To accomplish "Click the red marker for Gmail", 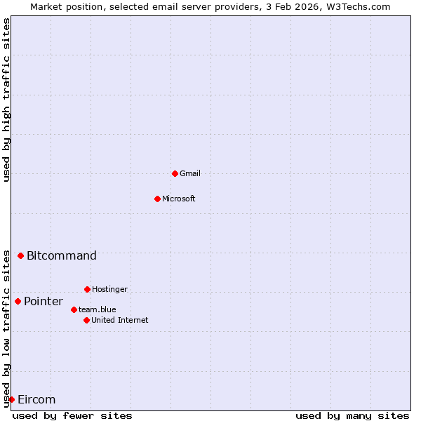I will [x=175, y=173].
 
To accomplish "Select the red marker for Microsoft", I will [x=157, y=199].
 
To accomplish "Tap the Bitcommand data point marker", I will [x=20, y=255].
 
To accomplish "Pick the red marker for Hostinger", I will [x=87, y=289].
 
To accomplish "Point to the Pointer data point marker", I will [x=18, y=301].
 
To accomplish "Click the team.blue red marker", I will [x=74, y=309].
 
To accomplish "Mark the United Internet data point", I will [x=86, y=320].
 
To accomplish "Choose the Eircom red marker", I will [x=11, y=399].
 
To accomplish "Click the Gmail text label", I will [x=190, y=173].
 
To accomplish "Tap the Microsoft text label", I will [x=178, y=199].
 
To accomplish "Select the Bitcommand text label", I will [x=62, y=255].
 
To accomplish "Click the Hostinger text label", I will [x=109, y=289].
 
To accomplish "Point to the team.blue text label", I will [x=98, y=309].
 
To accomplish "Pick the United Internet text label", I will [x=119, y=320].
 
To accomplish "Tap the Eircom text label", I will [x=36, y=399].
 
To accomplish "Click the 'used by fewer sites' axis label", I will [x=72, y=415].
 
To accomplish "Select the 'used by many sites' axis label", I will [x=352, y=415].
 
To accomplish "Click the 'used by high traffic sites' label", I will [x=6, y=100].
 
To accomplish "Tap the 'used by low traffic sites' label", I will [x=6, y=328].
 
